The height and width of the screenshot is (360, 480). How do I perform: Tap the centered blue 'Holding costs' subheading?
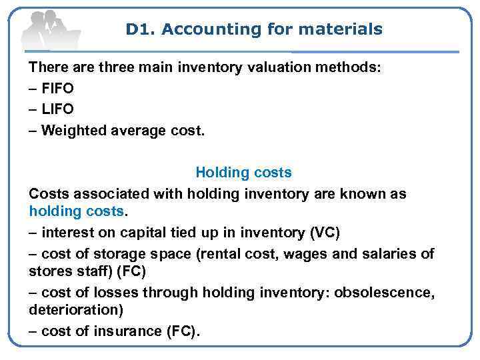click(243, 173)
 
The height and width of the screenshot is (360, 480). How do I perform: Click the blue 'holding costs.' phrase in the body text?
click(77, 211)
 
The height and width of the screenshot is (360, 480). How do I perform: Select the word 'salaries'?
click(393, 254)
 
